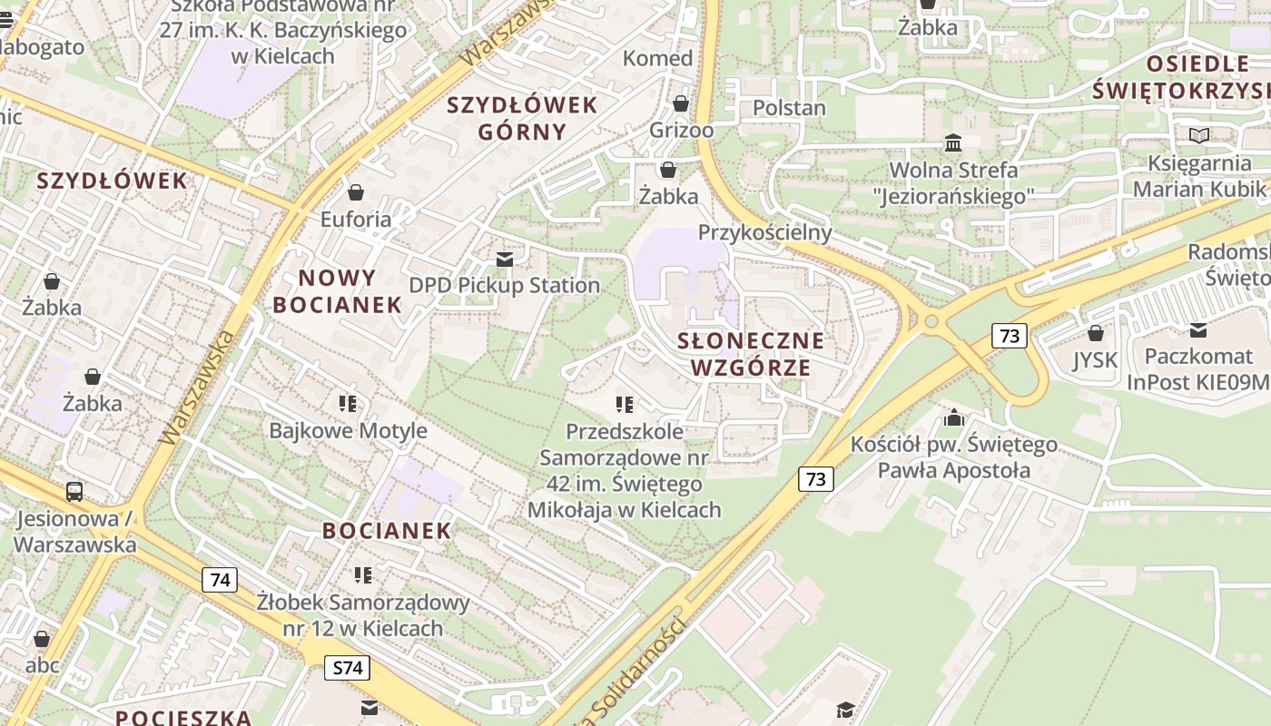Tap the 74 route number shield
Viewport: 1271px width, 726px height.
(x=220, y=580)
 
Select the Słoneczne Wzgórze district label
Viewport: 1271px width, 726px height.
(x=751, y=354)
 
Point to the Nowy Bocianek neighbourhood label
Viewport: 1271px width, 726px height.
(x=337, y=291)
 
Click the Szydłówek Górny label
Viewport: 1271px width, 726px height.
(x=522, y=118)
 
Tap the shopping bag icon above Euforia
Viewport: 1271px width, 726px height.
(x=356, y=192)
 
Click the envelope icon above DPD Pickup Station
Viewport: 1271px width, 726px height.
(x=505, y=260)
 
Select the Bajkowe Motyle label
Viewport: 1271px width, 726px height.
(x=348, y=430)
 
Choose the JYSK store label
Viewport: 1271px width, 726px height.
(x=1095, y=360)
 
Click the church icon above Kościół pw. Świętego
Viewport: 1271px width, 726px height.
(x=953, y=417)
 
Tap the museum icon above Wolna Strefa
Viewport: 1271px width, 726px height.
(x=953, y=143)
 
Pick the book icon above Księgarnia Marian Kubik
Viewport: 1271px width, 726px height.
(x=1199, y=136)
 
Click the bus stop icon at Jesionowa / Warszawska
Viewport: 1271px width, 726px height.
(x=74, y=492)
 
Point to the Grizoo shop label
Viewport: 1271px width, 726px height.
(x=681, y=130)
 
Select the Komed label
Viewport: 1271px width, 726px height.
(x=657, y=58)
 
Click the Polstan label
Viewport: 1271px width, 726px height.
(x=789, y=108)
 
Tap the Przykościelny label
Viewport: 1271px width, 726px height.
(x=764, y=232)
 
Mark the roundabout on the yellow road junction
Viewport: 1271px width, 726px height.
(x=929, y=320)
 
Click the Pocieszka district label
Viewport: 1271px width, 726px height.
(x=182, y=717)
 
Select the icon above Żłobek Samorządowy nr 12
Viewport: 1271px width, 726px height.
(x=363, y=574)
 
